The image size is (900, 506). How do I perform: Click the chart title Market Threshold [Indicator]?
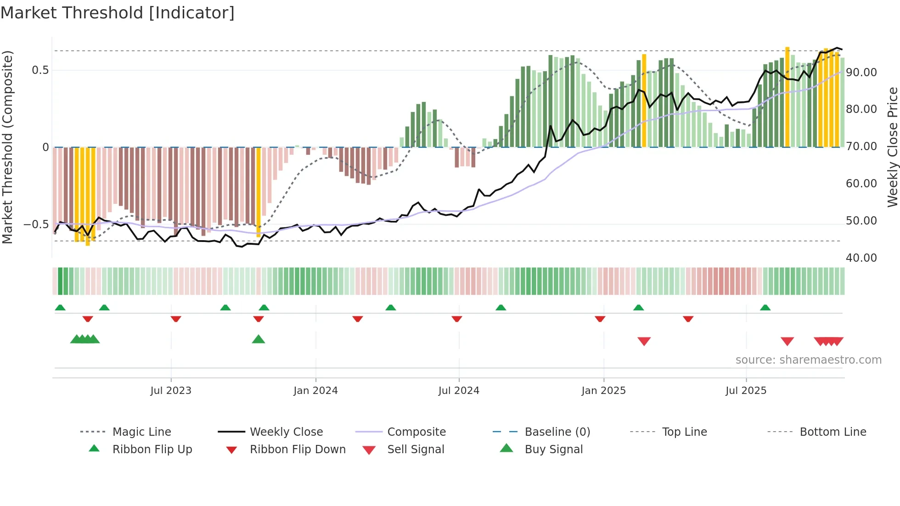[118, 13]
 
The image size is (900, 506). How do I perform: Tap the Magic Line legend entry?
[141, 432]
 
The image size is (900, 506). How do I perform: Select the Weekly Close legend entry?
[286, 432]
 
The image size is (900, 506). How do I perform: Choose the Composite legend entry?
[416, 432]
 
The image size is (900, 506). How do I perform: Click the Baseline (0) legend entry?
[557, 432]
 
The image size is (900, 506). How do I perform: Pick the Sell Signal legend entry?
[416, 450]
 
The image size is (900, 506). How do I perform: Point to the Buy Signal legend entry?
[553, 450]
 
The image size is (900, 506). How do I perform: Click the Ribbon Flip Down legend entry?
[298, 450]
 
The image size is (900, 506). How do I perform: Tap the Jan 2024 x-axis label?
[315, 391]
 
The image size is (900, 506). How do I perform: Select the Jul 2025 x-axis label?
[746, 391]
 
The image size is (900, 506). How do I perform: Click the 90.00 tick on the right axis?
[861, 73]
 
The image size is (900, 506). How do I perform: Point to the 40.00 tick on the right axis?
[861, 258]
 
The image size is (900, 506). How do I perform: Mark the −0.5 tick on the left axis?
[36, 225]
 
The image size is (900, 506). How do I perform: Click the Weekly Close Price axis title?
[892, 147]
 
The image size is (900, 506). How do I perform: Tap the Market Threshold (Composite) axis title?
[7, 147]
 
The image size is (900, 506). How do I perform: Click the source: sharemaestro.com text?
[808, 360]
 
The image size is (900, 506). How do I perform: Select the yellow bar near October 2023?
[259, 192]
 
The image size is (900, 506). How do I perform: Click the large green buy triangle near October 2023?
[259, 340]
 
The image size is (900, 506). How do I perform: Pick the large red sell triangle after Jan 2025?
[644, 341]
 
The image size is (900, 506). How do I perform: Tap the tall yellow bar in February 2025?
[644, 101]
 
